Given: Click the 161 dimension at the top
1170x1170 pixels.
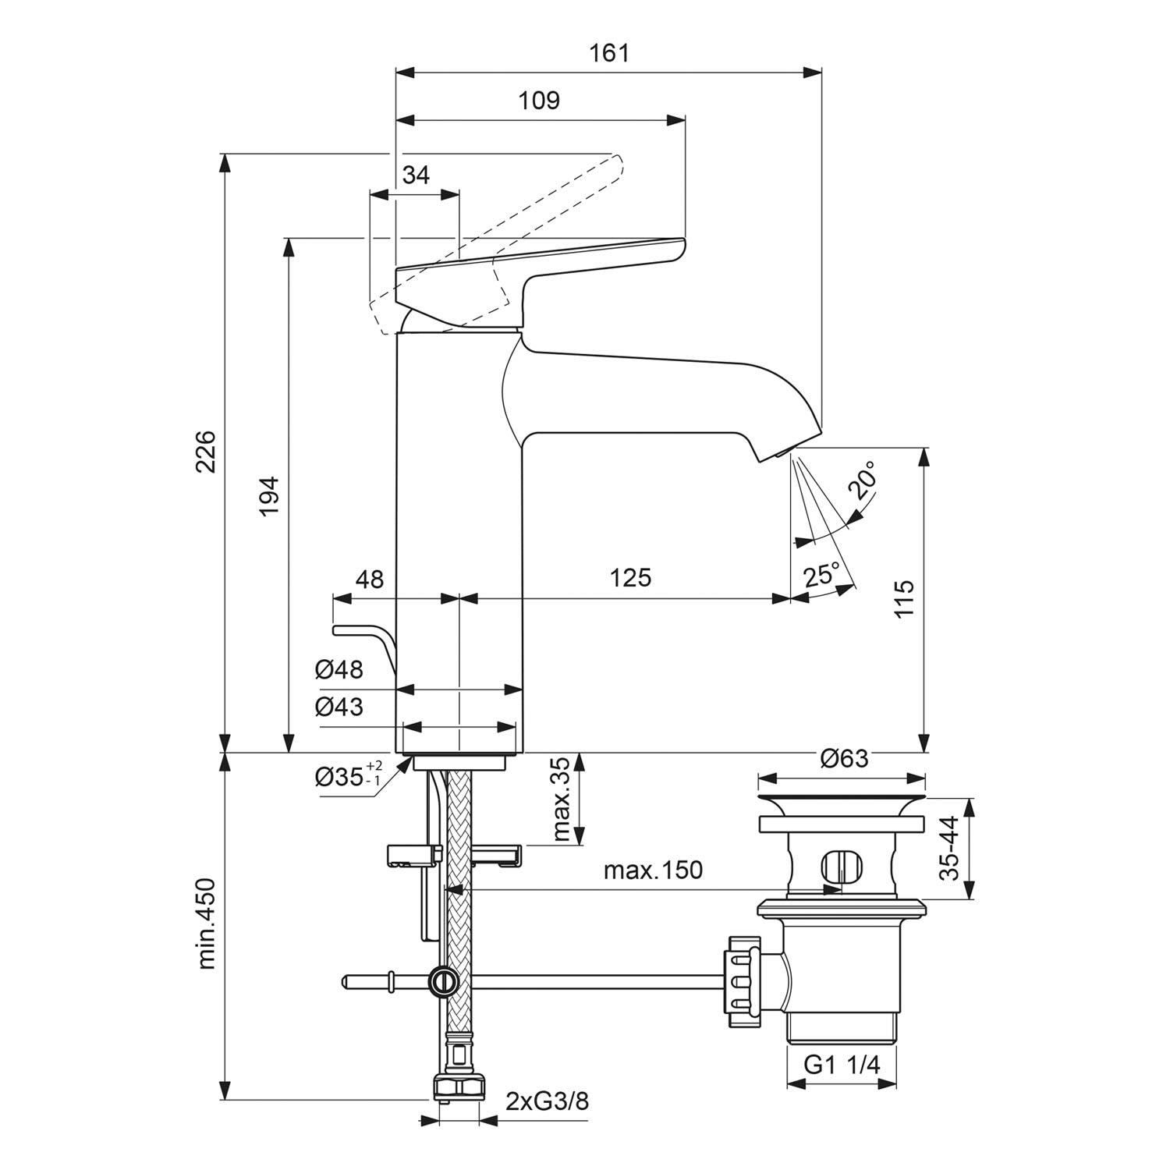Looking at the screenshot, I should pos(609,53).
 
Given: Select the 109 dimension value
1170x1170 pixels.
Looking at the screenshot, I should pos(540,101).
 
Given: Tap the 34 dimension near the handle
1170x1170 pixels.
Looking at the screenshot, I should pos(416,175).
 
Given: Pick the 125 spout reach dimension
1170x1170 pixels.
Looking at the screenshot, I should pos(630,578).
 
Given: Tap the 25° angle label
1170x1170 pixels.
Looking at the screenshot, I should pos(821,576).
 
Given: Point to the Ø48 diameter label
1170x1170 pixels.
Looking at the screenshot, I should pos(339,669).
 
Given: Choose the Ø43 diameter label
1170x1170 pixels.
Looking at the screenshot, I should pos(339,707).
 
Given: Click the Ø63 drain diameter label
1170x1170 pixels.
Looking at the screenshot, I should pos(844,757).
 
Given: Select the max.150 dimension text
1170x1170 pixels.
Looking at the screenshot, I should pos(653,870).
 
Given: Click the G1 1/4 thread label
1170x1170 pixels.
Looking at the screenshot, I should pos(842,1064).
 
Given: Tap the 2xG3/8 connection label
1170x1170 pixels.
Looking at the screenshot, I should pos(547,1101).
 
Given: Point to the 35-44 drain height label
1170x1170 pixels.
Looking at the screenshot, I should pos(950,849).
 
